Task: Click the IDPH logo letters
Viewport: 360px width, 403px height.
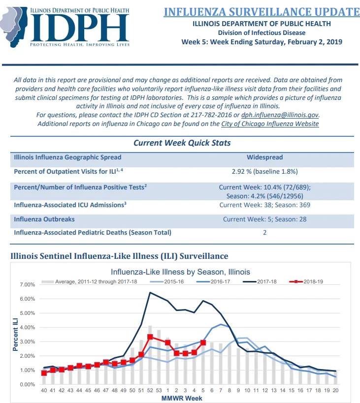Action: [x=80, y=28]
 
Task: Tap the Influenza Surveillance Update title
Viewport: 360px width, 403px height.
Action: [x=262, y=12]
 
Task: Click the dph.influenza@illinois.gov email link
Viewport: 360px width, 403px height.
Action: [x=280, y=115]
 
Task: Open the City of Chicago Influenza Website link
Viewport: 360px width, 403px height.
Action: [x=270, y=124]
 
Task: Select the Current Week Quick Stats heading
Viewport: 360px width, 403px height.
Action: [x=182, y=143]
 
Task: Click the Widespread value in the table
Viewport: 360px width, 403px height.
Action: [x=264, y=157]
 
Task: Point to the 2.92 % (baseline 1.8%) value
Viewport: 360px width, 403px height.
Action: [x=264, y=171]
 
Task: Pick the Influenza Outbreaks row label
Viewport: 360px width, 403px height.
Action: [x=44, y=219]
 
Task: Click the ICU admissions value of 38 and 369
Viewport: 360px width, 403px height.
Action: [x=264, y=205]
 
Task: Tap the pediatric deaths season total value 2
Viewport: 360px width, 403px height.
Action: [x=264, y=233]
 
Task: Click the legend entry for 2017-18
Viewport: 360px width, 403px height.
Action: [x=260, y=281]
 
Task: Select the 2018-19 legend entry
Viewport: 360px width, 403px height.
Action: [x=306, y=281]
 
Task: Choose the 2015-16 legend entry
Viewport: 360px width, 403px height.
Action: [x=167, y=281]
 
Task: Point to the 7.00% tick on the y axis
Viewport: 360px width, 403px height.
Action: [x=27, y=284]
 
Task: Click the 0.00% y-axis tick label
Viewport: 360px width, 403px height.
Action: [x=27, y=384]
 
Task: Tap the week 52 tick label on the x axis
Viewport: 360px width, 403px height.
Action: [x=150, y=390]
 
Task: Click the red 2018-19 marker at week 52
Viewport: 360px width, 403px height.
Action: [x=150, y=337]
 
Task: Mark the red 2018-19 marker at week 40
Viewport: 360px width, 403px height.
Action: [x=44, y=373]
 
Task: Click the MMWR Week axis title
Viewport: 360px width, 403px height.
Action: [x=182, y=399]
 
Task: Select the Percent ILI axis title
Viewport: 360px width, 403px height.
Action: [x=15, y=335]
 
